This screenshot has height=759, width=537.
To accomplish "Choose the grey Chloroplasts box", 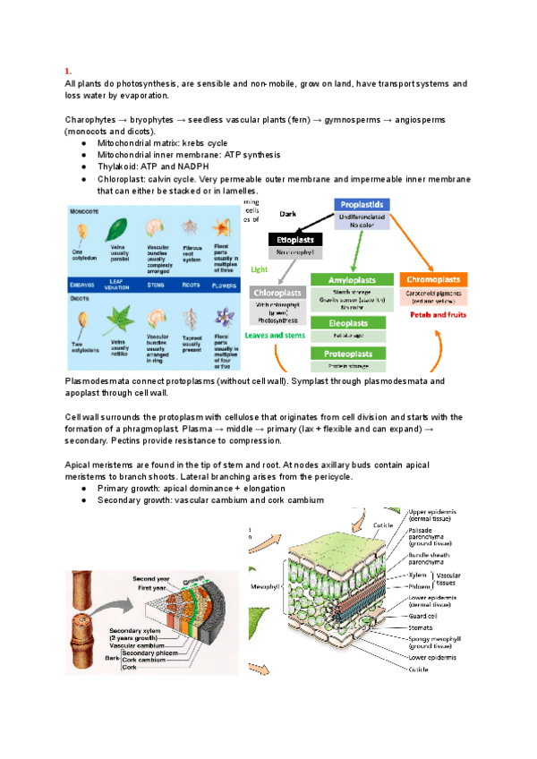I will [278, 293].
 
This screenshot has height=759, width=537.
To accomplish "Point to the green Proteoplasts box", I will [354, 354].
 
